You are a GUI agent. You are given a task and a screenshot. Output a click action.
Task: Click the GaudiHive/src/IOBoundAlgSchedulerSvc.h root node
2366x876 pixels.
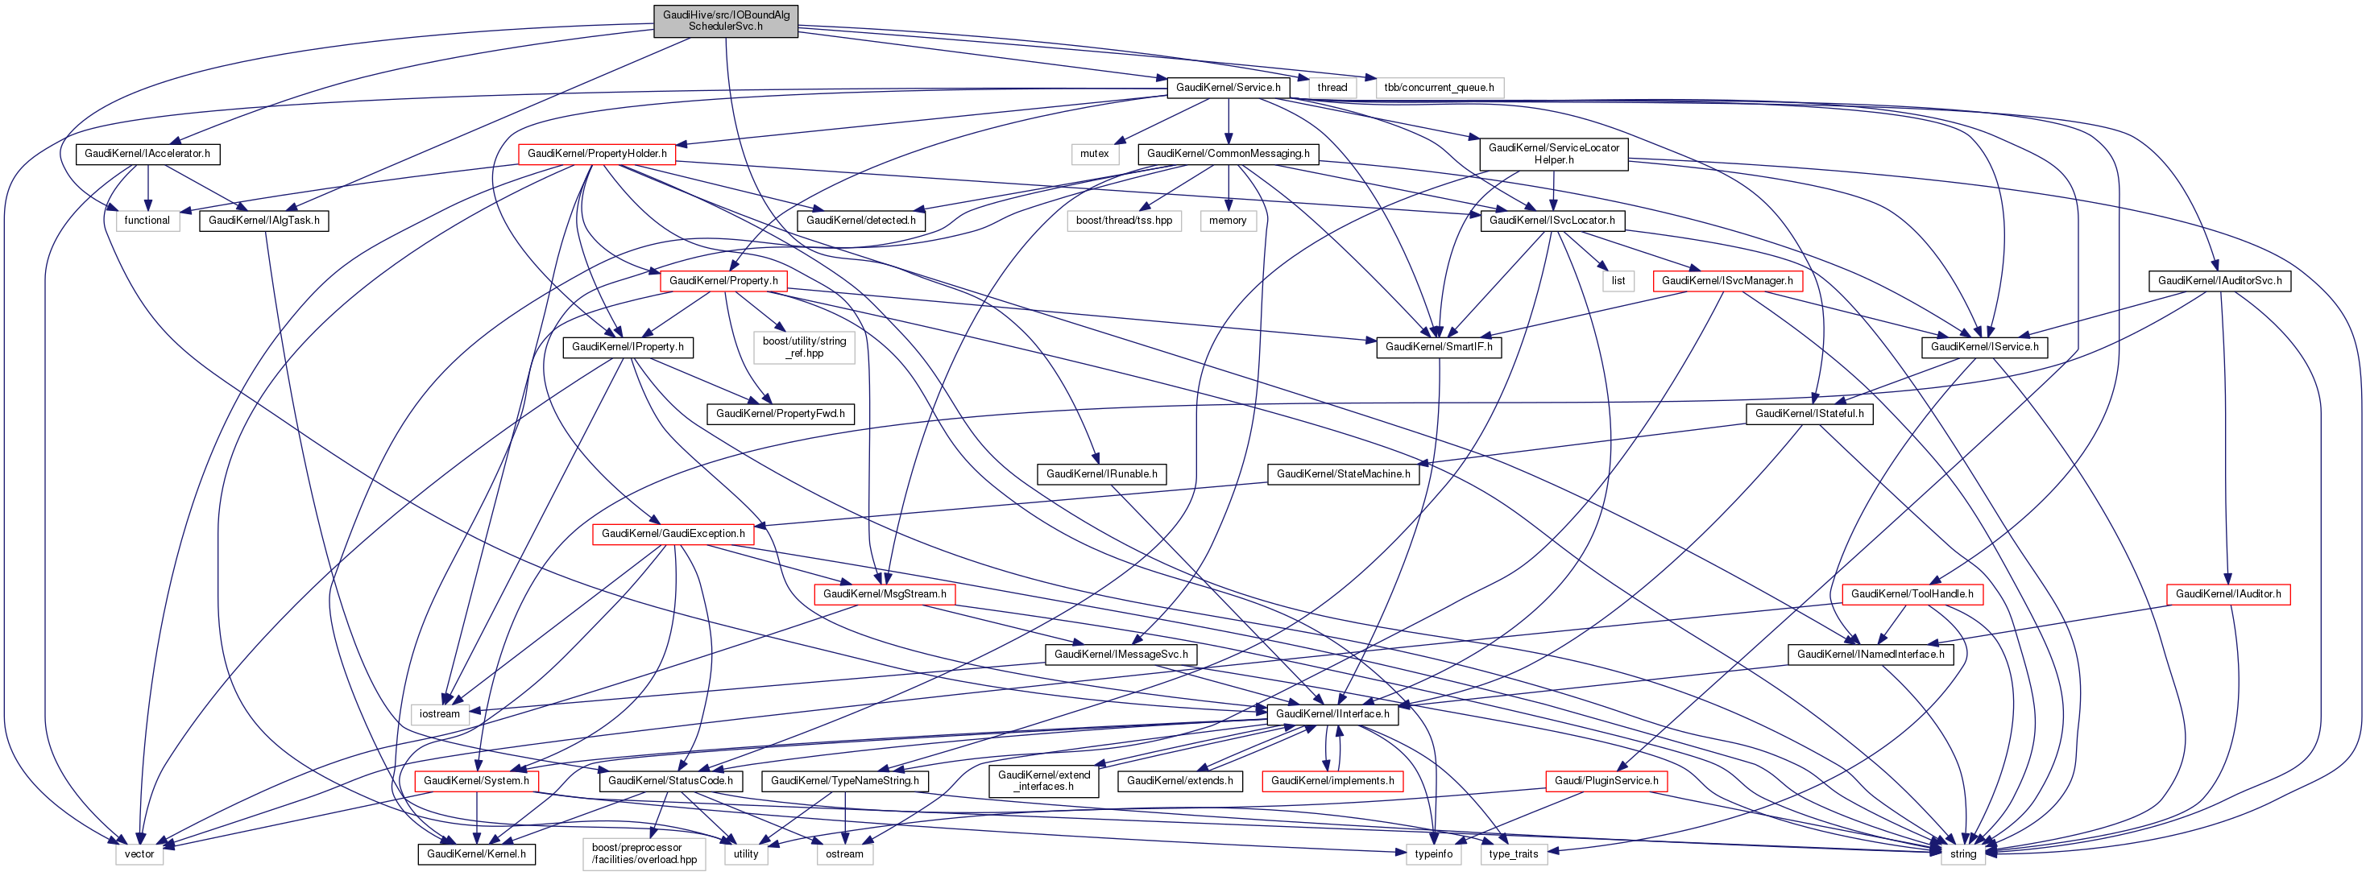click(726, 20)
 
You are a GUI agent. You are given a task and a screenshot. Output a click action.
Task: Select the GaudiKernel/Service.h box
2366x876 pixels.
click(1228, 87)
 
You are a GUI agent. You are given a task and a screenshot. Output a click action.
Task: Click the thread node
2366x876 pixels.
click(1332, 87)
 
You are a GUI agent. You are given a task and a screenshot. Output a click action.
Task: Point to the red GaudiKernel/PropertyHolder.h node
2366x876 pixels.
click(597, 153)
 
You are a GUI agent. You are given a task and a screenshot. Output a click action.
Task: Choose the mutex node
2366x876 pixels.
click(1094, 153)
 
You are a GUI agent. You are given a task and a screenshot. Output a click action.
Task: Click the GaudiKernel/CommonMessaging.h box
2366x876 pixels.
click(1228, 153)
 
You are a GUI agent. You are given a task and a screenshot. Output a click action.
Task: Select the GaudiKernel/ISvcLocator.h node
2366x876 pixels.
click(1552, 221)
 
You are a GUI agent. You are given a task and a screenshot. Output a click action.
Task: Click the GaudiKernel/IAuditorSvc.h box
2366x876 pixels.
click(2219, 280)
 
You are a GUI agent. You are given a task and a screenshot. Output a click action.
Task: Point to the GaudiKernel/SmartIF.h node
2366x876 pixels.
click(1438, 346)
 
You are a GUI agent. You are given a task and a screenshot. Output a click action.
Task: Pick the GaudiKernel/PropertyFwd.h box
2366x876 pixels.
click(780, 413)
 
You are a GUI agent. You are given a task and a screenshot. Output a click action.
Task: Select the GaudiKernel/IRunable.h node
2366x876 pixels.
click(1101, 473)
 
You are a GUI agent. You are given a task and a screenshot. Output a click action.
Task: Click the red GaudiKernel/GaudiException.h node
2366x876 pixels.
click(673, 534)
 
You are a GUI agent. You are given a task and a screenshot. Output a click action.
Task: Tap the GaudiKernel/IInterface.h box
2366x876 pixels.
click(1332, 713)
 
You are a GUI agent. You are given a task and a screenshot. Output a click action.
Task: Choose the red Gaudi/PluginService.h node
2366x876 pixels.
click(1606, 780)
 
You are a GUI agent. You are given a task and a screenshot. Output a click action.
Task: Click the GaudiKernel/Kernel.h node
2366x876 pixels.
click(476, 854)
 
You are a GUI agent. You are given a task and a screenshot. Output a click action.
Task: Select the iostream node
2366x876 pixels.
click(439, 713)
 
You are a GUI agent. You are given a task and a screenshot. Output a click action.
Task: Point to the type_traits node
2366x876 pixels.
click(1513, 854)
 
